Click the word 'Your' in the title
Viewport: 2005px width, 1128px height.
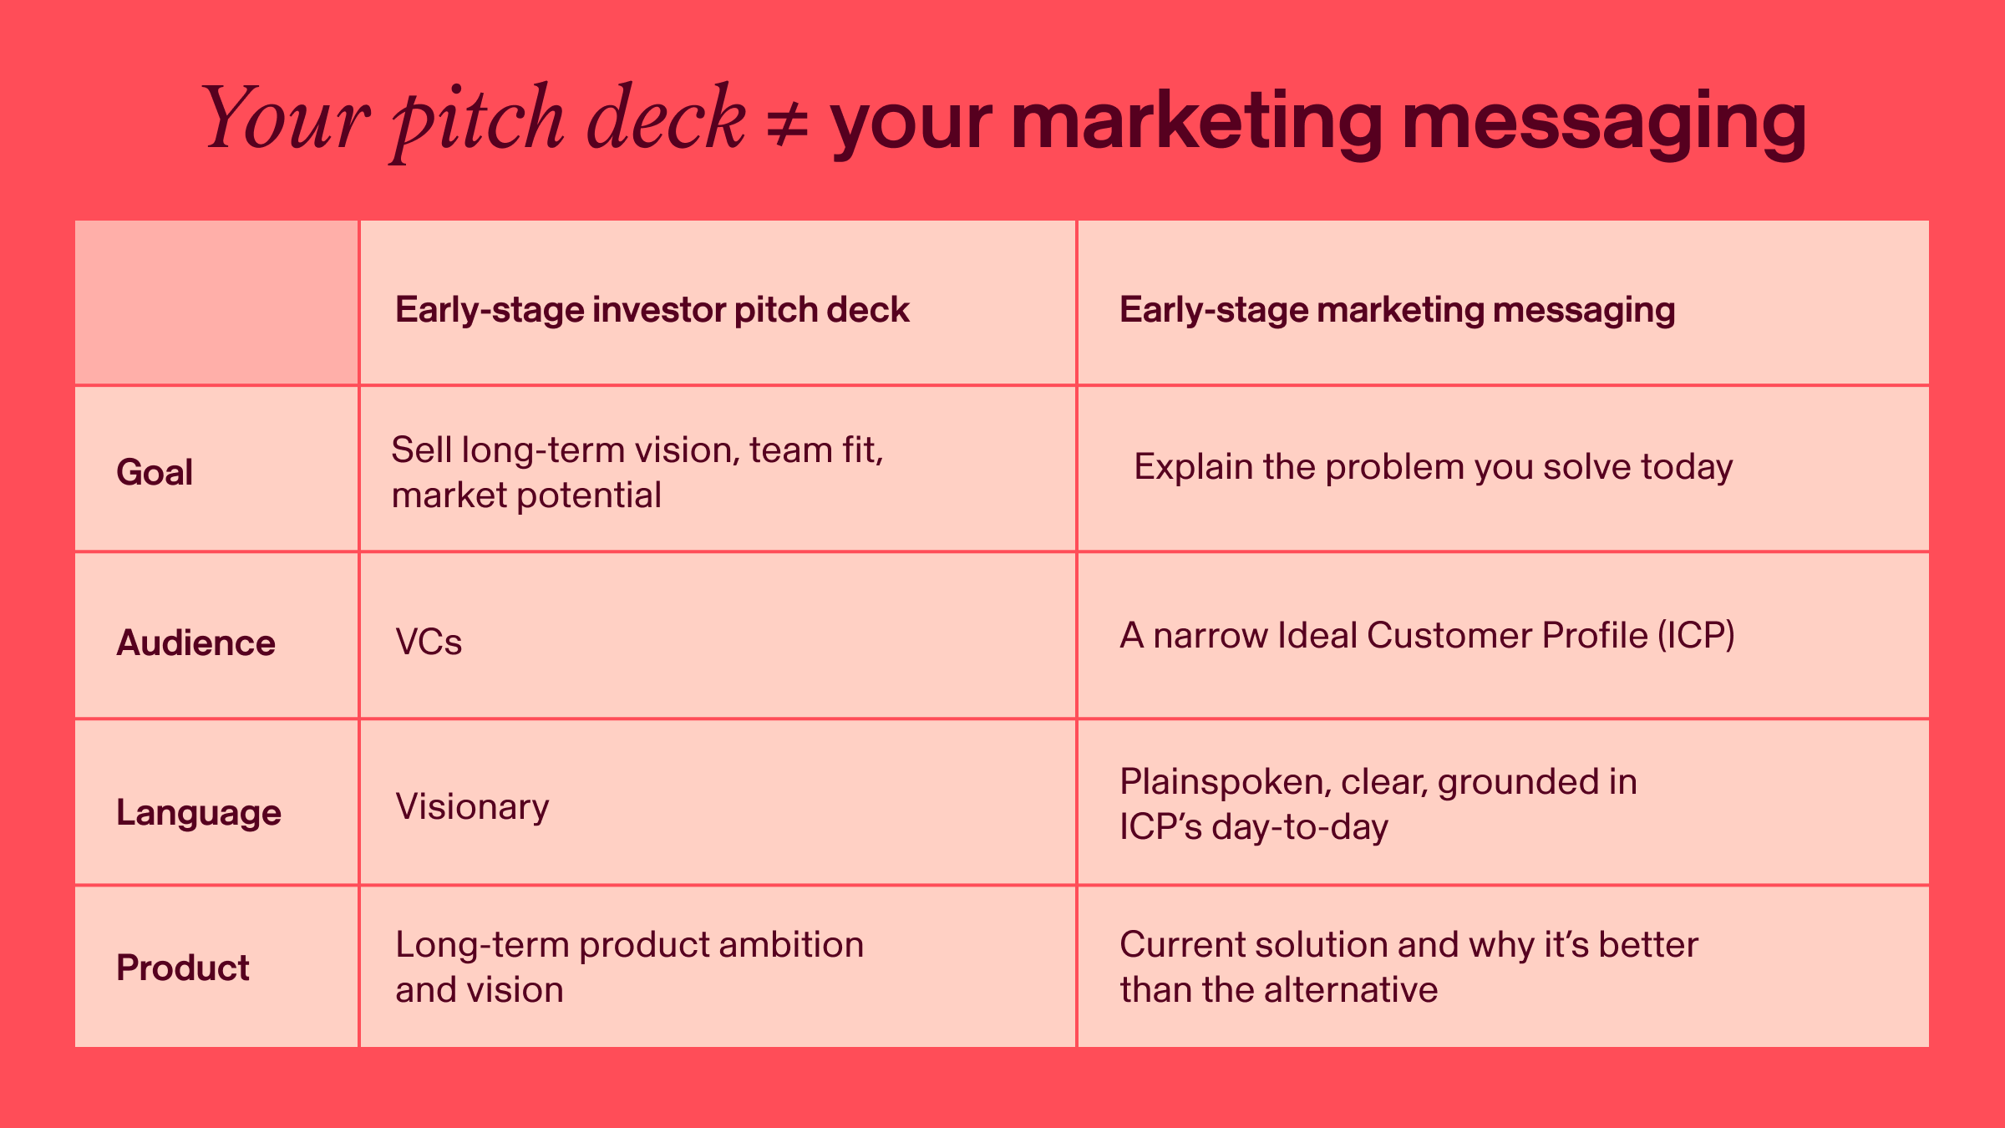click(x=285, y=118)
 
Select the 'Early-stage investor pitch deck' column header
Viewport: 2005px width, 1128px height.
click(x=652, y=310)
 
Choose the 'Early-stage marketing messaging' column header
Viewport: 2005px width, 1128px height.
click(x=1397, y=310)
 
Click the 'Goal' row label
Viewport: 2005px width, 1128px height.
click(x=155, y=472)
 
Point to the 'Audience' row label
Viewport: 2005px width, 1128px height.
click(x=195, y=643)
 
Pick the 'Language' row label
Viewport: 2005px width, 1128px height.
click(x=199, y=813)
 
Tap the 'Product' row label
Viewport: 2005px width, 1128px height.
click(x=183, y=968)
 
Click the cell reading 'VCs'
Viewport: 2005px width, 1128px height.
click(x=429, y=642)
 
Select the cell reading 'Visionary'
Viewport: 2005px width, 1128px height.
click(x=473, y=807)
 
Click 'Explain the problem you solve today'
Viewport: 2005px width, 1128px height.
click(x=1434, y=467)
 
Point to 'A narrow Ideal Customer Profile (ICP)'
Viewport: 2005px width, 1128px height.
click(x=1428, y=636)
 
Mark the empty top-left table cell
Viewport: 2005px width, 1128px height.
click(x=217, y=302)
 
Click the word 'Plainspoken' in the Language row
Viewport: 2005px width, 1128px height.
click(x=1225, y=783)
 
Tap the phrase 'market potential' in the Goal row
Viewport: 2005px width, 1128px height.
click(x=526, y=495)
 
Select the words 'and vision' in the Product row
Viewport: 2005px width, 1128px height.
click(x=480, y=990)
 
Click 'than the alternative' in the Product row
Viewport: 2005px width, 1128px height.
click(x=1279, y=990)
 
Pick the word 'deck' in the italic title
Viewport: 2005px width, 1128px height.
click(x=666, y=118)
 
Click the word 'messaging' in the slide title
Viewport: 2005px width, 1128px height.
click(x=1604, y=124)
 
